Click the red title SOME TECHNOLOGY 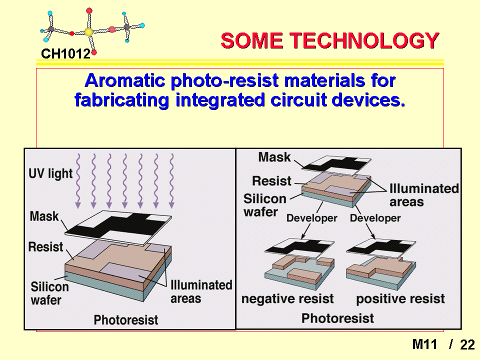tap(330, 40)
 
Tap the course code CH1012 tap(66, 54)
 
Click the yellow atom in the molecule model tap(88, 31)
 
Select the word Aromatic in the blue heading tap(125, 80)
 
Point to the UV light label tap(50, 173)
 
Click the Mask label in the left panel tap(44, 216)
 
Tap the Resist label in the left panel tap(45, 246)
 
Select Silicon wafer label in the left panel tap(49, 293)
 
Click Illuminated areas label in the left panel tap(201, 291)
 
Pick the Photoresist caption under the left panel tap(126, 320)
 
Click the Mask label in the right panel tap(274, 157)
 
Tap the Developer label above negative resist tap(311, 218)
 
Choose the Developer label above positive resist tap(375, 218)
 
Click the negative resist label tap(287, 299)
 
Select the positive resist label tap(400, 299)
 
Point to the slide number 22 tap(467, 344)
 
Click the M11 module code tap(424, 344)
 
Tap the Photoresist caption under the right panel tap(337, 318)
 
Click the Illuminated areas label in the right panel tap(424, 195)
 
